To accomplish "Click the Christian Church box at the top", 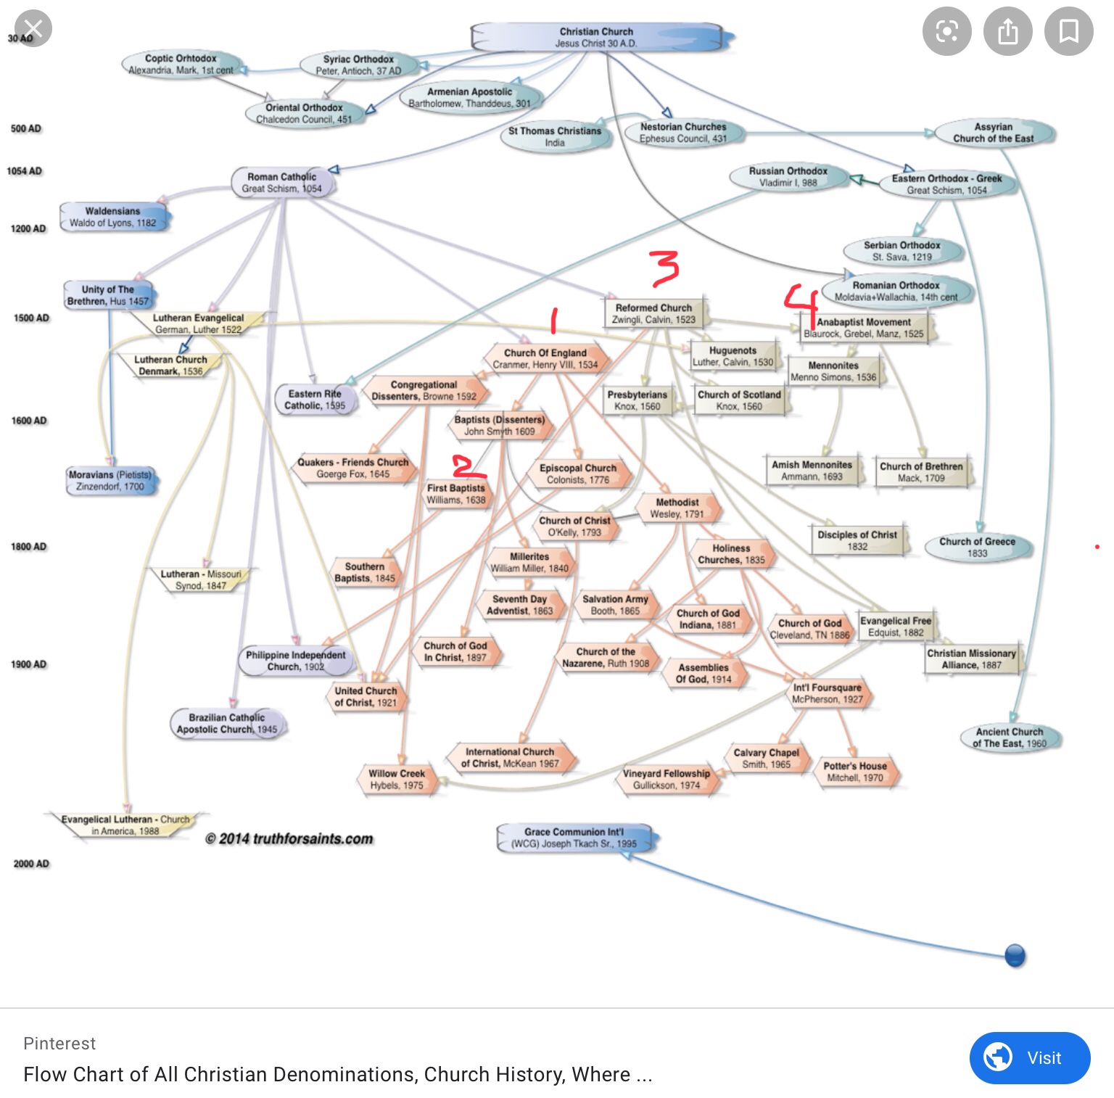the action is pyautogui.click(x=597, y=38).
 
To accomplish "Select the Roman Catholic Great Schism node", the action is pyautogui.click(x=282, y=182).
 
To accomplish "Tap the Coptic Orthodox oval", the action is pyautogui.click(x=181, y=64).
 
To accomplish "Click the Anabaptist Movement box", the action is pyautogui.click(x=864, y=328).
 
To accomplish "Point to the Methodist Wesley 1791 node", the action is pyautogui.click(x=677, y=508).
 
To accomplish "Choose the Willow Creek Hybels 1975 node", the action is pyautogui.click(x=397, y=779).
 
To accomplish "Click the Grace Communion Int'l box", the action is pyautogui.click(x=574, y=838).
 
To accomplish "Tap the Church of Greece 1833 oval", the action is pyautogui.click(x=978, y=547).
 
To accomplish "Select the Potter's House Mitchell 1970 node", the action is pyautogui.click(x=855, y=772).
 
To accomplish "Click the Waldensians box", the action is pyautogui.click(x=112, y=217).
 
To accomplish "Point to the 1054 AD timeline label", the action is pyautogui.click(x=25, y=171).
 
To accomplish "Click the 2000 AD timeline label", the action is pyautogui.click(x=31, y=864).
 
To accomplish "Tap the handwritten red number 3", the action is pyautogui.click(x=664, y=268).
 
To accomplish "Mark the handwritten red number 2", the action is pyautogui.click(x=468, y=466).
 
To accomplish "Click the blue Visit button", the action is pyautogui.click(x=1030, y=1058).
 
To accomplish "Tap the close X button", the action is pyautogui.click(x=33, y=29).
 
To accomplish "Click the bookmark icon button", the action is pyautogui.click(x=1069, y=31).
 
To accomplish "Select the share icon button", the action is pyautogui.click(x=1008, y=31).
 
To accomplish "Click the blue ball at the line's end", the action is pyautogui.click(x=1015, y=956).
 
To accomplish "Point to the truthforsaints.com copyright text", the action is pyautogui.click(x=289, y=839).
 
